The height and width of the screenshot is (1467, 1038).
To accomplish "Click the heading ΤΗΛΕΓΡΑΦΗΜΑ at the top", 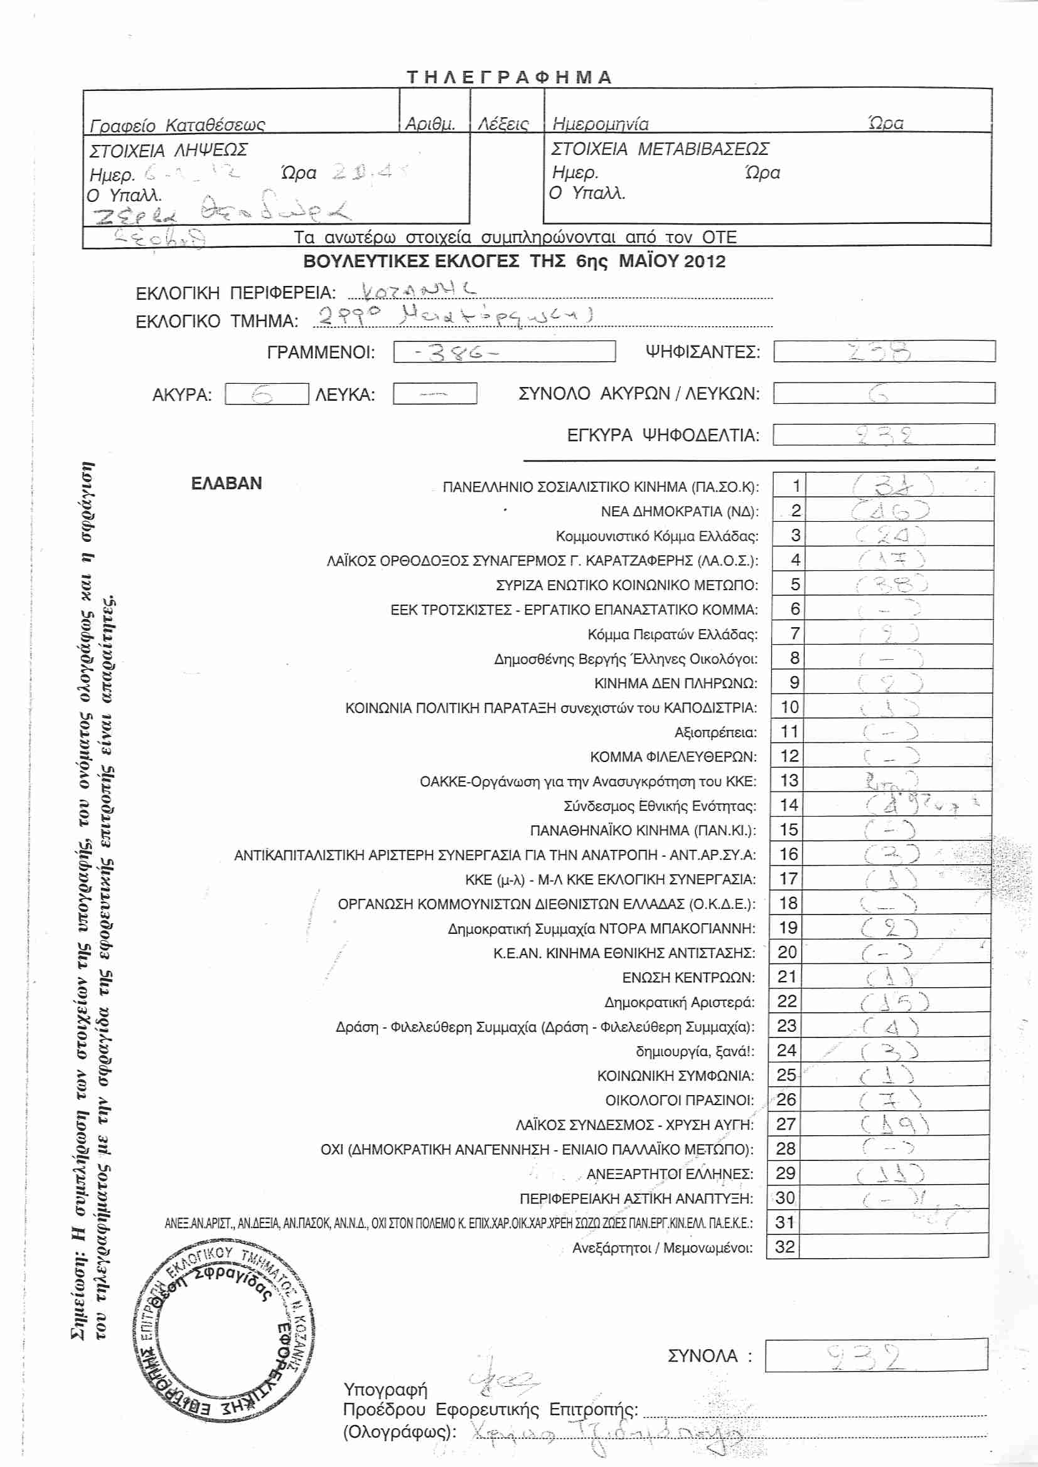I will pos(510,77).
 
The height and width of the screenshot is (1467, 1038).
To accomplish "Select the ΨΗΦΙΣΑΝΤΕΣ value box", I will pos(884,351).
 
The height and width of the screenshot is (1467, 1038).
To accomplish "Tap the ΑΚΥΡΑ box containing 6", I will pos(266,394).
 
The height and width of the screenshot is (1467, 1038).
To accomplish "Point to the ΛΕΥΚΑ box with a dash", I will pos(435,394).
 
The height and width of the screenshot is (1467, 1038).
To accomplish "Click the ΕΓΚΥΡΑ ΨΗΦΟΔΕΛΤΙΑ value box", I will pos(884,435).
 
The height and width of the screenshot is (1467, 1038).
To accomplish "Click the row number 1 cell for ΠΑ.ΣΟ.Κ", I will pos(796,485).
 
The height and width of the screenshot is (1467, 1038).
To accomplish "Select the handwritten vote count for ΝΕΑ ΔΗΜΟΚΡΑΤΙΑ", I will pos(891,510).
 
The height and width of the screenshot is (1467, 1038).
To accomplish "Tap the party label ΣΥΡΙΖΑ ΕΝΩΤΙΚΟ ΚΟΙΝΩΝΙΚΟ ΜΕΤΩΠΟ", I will pos(626,585).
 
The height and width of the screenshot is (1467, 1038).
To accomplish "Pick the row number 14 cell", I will pos(789,805).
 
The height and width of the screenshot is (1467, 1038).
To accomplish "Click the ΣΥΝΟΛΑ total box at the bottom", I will pos(875,1355).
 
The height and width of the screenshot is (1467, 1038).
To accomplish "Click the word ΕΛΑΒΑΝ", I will pos(227,483).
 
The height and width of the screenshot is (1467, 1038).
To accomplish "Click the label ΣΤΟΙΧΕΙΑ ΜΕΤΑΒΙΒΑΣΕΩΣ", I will pos(660,149).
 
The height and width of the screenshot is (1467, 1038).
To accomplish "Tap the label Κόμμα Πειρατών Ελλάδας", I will pos(672,635).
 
